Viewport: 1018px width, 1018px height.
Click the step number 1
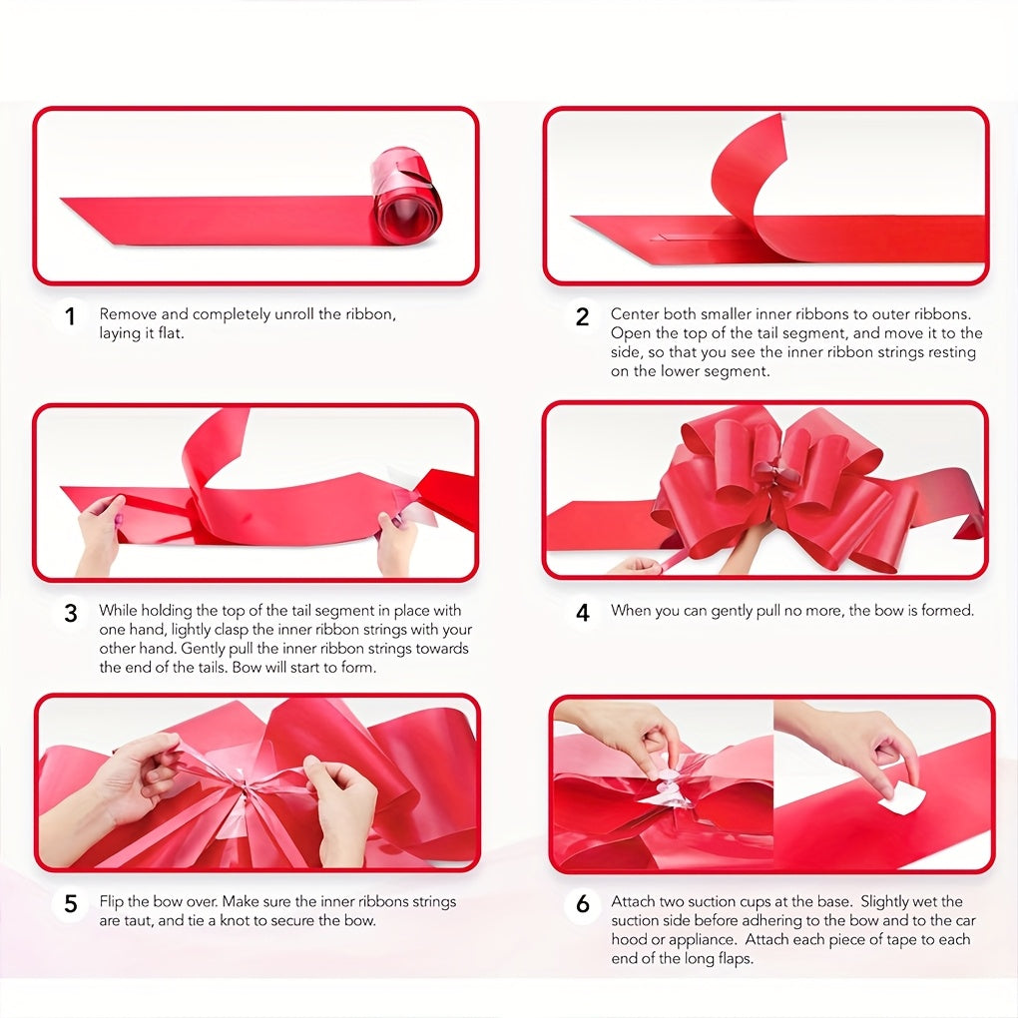click(70, 317)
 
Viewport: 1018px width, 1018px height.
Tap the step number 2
click(583, 317)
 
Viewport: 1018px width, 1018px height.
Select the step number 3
click(70, 613)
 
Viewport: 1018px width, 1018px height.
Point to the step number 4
click(583, 613)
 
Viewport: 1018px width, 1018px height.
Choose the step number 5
click(70, 904)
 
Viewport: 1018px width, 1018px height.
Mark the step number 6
click(583, 904)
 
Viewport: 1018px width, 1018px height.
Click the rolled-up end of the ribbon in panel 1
click(406, 196)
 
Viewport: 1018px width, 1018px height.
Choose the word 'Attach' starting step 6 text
click(634, 901)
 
